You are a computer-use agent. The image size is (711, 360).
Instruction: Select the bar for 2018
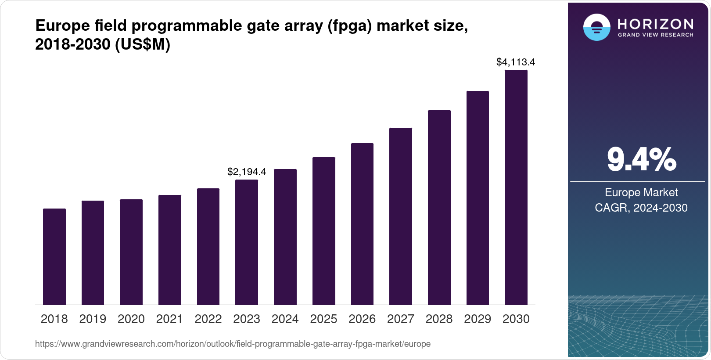(54, 257)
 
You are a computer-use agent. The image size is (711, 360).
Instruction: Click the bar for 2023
(247, 242)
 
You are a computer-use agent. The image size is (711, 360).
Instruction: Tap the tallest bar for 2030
(516, 187)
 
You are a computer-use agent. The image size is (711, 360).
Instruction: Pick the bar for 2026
(362, 224)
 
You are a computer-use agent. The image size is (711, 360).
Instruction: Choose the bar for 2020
(131, 252)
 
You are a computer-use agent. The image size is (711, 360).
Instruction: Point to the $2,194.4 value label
(247, 172)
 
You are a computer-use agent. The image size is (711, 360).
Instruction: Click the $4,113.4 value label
(516, 62)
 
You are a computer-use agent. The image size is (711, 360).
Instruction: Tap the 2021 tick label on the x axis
(169, 319)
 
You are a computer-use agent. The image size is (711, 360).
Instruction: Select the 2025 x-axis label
(323, 319)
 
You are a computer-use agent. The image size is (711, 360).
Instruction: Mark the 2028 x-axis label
(439, 319)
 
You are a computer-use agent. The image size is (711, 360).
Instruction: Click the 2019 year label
(93, 319)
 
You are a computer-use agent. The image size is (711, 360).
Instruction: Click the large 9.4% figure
(641, 160)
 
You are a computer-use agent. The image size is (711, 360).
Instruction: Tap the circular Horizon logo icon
(596, 27)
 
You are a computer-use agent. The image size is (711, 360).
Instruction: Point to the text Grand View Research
(655, 35)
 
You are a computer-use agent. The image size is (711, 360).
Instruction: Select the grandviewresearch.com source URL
(233, 344)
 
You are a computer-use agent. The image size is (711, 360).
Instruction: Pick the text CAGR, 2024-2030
(641, 208)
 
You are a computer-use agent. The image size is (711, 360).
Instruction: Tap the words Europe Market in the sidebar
(641, 193)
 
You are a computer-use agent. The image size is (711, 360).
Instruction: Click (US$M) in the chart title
(142, 45)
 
